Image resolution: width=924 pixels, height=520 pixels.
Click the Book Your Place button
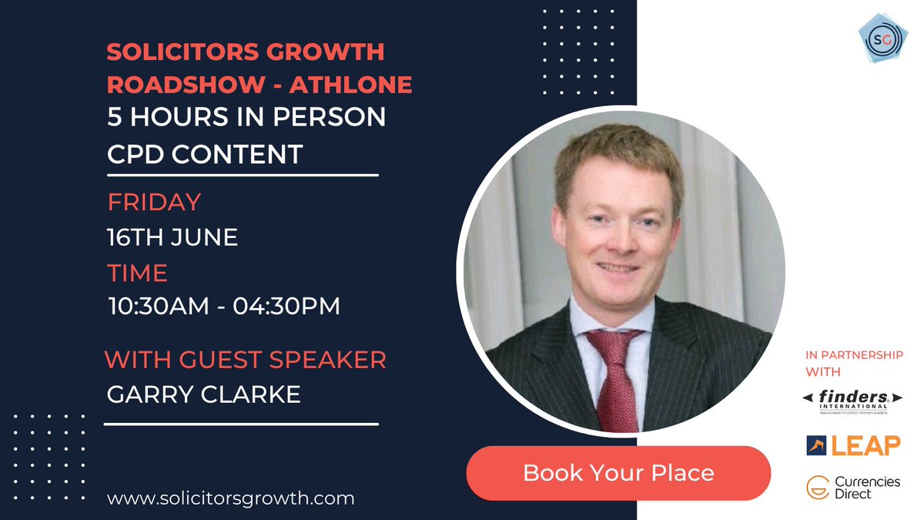pyautogui.click(x=618, y=471)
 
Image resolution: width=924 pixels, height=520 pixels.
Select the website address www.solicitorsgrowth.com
pyautogui.click(x=231, y=498)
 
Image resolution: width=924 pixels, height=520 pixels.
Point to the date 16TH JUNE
pyautogui.click(x=172, y=237)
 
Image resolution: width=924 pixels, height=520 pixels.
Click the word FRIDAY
pyautogui.click(x=154, y=202)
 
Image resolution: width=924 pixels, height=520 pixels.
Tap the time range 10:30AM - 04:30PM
pyautogui.click(x=223, y=307)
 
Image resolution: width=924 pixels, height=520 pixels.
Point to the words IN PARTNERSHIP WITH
pyautogui.click(x=844, y=361)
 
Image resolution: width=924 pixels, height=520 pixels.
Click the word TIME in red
pyautogui.click(x=137, y=273)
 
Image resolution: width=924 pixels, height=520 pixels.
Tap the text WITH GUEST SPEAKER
pyautogui.click(x=245, y=359)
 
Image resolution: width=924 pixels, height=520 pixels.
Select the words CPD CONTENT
pyautogui.click(x=205, y=153)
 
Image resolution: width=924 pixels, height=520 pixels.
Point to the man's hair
pyautogui.click(x=616, y=158)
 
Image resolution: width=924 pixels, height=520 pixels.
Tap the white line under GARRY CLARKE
pyautogui.click(x=241, y=423)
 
